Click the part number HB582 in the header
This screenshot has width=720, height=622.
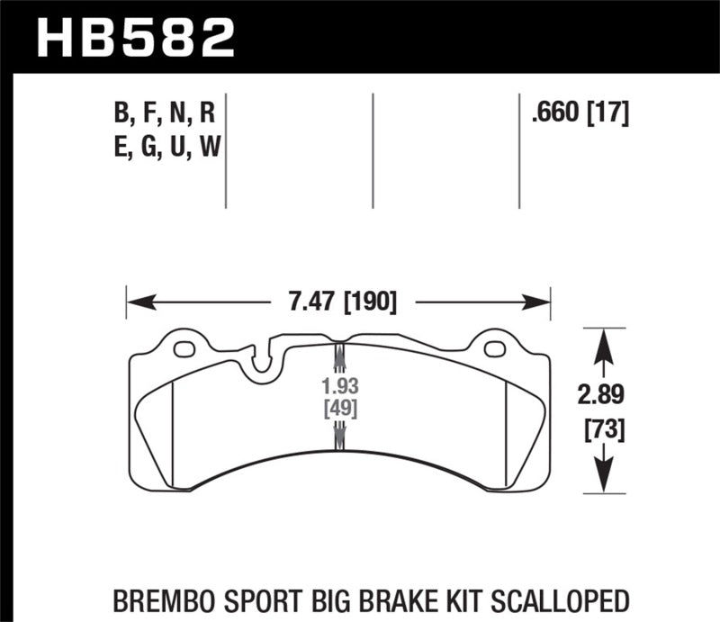135,36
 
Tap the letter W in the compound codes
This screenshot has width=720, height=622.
209,144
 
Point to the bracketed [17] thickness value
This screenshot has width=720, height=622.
607,113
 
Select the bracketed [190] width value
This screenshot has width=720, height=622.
369,302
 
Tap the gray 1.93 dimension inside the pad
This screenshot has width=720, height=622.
339,388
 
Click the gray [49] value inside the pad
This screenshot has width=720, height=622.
339,409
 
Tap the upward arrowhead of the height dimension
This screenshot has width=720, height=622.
601,338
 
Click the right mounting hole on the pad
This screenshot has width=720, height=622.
493,349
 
